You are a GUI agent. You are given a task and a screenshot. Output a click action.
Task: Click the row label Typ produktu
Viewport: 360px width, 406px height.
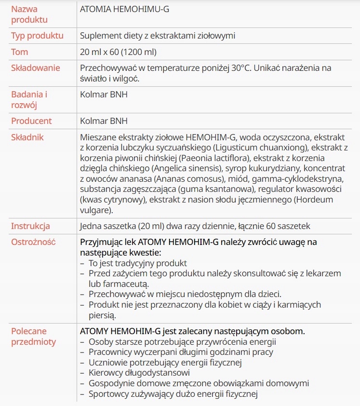[x=37, y=36]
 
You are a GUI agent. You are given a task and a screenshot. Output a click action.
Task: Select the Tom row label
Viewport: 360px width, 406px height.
[x=20, y=52]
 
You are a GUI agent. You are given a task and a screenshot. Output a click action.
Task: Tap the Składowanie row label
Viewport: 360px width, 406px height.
[x=36, y=68]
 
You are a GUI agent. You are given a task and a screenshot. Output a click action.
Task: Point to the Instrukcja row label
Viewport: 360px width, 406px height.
[x=30, y=226]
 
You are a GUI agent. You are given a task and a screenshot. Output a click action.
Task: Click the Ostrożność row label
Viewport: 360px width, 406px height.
[x=33, y=242]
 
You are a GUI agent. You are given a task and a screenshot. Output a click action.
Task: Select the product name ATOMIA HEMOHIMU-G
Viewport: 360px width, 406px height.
[x=124, y=9]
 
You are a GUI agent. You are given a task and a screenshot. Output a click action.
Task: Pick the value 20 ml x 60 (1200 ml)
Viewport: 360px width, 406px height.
[x=118, y=52]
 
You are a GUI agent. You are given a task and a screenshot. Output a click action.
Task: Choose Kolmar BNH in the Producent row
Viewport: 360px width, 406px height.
[x=104, y=121]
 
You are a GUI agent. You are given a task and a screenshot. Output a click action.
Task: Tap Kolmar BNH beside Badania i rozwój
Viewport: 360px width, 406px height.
[x=104, y=95]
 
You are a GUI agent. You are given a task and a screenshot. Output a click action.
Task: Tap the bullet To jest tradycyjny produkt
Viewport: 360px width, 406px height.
[x=137, y=263]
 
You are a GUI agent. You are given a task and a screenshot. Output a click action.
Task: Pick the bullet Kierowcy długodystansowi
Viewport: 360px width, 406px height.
[x=139, y=373]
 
